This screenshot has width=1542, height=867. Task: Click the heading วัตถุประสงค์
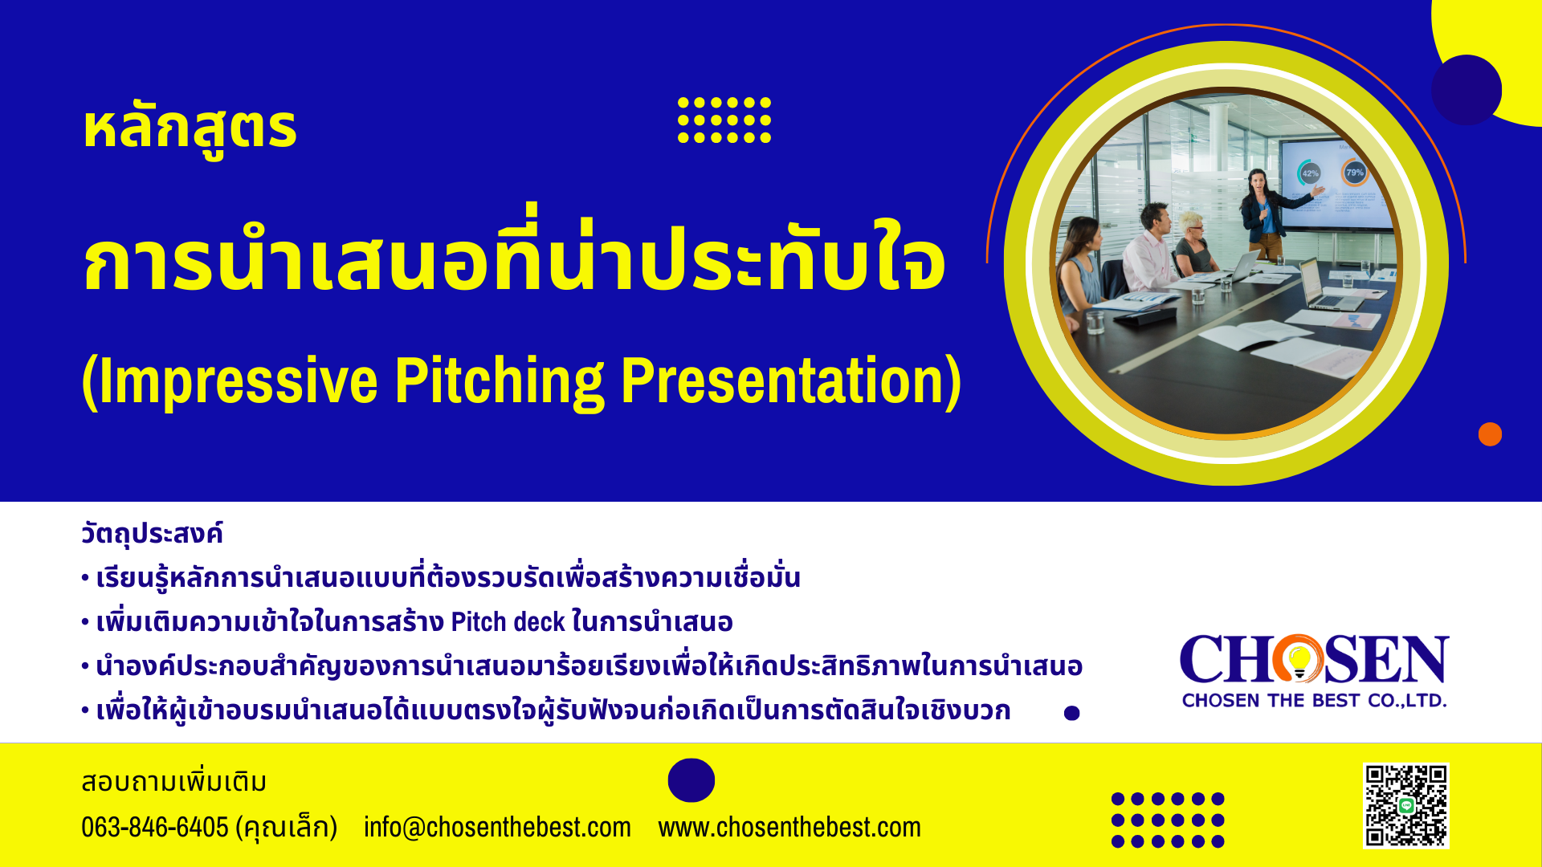[152, 534]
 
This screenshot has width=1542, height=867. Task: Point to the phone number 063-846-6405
[155, 827]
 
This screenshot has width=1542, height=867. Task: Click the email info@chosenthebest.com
[497, 827]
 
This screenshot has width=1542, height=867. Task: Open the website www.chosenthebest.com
[789, 827]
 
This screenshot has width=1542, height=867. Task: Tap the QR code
[1406, 805]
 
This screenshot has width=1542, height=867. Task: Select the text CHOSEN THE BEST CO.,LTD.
[1315, 701]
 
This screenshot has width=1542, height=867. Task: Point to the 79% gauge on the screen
[1355, 172]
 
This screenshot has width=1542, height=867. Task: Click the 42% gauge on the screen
[1310, 173]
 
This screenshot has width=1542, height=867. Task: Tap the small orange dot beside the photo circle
[1490, 434]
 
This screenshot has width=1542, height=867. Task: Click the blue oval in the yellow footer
[691, 780]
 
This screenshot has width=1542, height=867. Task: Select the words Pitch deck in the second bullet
[508, 622]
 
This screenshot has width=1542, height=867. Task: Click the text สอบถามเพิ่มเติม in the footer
[173, 782]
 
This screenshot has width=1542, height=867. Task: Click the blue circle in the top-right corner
[1467, 90]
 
